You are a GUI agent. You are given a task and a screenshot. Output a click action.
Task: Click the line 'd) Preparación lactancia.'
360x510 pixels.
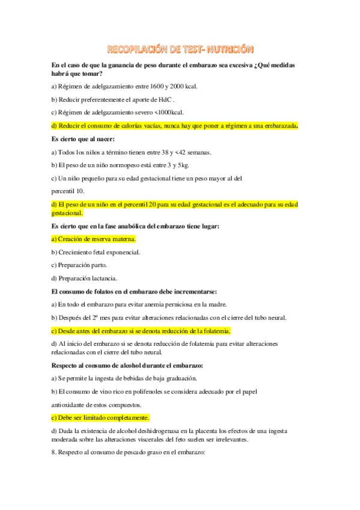pyautogui.click(x=84, y=278)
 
